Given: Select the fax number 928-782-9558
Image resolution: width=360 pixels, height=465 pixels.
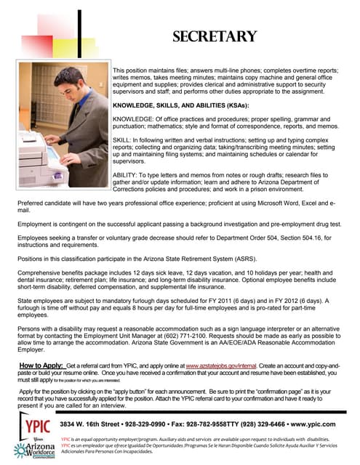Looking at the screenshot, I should pyautogui.click(x=204, y=424).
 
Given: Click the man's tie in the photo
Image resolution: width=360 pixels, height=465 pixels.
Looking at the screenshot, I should pyautogui.click(x=68, y=113).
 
